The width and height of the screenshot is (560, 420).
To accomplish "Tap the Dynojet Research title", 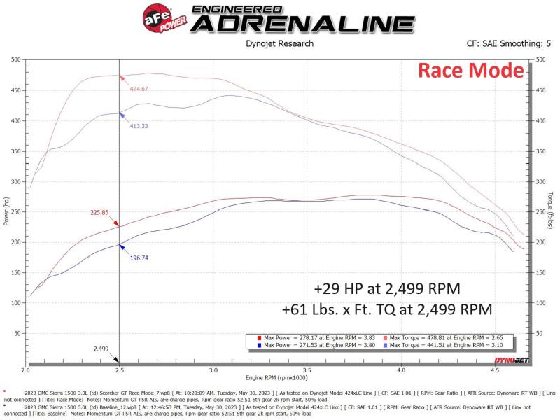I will tap(279, 43).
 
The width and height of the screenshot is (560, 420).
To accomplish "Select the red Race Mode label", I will tap(470, 71).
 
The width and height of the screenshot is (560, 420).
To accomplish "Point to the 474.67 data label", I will tap(139, 89).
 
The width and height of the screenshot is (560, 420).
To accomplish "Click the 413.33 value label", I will tap(139, 125).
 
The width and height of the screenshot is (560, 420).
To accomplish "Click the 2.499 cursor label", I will tap(101, 348).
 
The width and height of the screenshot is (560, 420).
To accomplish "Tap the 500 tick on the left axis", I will tap(15, 59).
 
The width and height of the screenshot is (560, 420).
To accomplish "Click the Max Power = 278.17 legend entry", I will tap(319, 337).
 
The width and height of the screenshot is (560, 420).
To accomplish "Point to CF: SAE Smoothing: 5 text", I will tap(508, 43).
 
